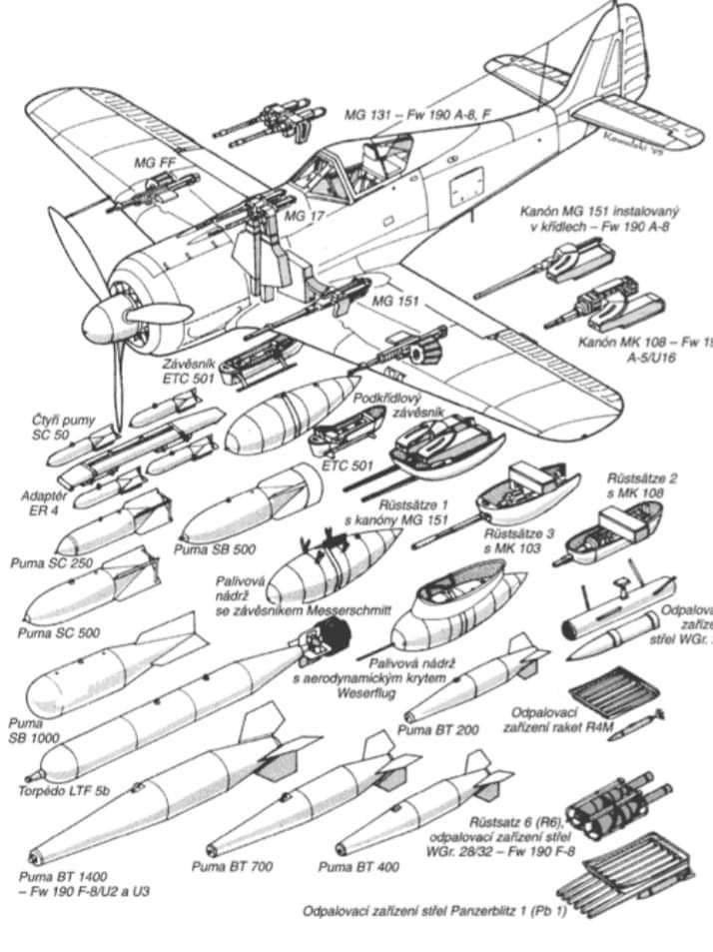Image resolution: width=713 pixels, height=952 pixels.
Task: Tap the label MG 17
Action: pyautogui.click(x=301, y=215)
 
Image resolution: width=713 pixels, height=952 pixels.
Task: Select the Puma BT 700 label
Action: pyautogui.click(x=232, y=867)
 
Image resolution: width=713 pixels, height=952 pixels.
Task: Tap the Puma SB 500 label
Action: pyautogui.click(x=213, y=548)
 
